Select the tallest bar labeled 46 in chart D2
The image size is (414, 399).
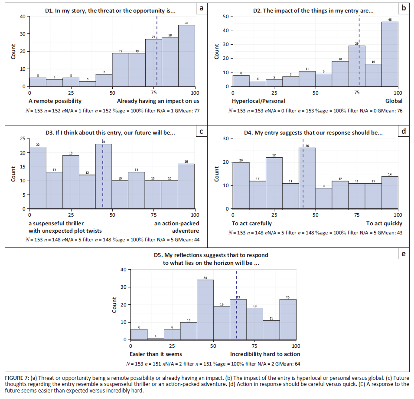point(390,54)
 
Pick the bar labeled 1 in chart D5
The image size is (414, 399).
point(155,339)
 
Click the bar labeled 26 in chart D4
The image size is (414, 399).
point(307,178)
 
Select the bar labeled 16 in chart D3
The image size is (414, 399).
point(186,186)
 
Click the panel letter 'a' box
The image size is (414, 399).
point(200,8)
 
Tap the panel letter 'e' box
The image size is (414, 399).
point(404,254)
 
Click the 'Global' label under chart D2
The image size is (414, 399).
point(394,101)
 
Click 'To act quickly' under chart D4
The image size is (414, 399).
point(384,224)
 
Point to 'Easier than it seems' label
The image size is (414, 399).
point(156,354)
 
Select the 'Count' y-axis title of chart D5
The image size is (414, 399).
point(115,305)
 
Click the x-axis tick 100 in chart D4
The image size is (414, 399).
point(398,215)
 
